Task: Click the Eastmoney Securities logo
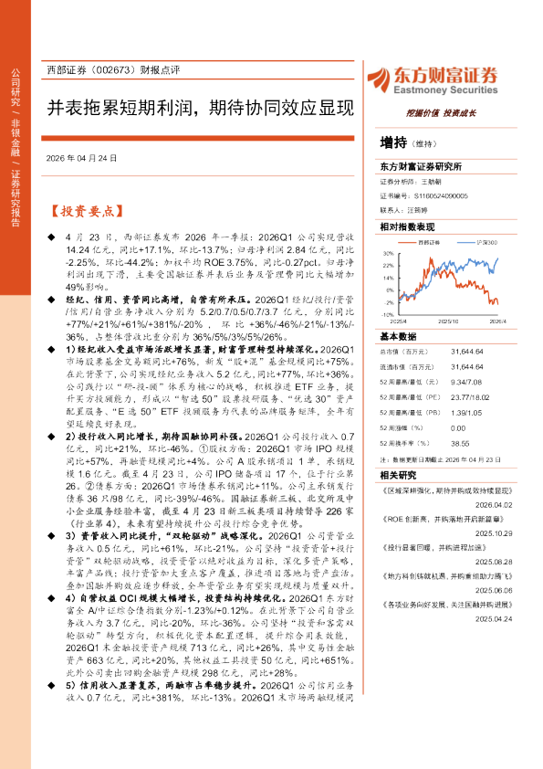tap(446, 79)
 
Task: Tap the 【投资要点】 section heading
tap(86, 210)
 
